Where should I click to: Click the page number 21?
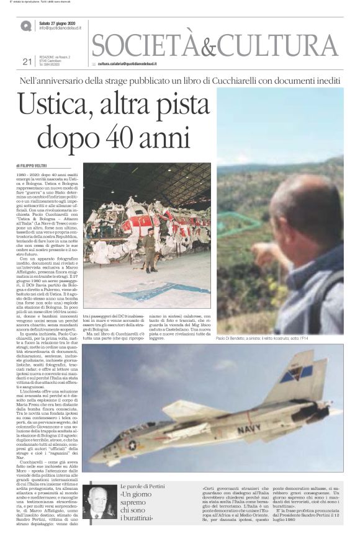tap(27, 61)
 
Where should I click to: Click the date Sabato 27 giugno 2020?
tap(60, 23)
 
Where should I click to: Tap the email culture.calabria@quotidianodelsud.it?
tap(127, 64)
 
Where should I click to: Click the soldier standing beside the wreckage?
tap(151, 249)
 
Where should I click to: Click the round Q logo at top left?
tap(25, 25)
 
